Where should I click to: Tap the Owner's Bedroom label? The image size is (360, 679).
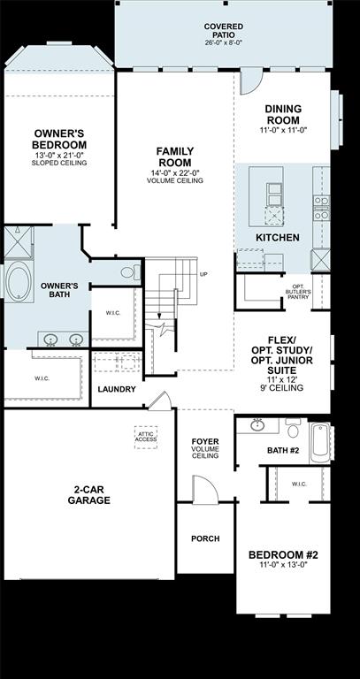[x=59, y=139]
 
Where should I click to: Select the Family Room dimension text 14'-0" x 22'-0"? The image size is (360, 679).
[x=175, y=172]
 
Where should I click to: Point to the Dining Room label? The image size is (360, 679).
[x=282, y=114]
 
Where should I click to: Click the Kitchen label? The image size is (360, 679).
[x=277, y=238]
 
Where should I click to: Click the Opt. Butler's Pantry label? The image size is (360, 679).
[x=297, y=293]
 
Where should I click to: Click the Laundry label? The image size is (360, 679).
[x=117, y=389]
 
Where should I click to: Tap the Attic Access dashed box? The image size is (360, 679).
[x=146, y=436]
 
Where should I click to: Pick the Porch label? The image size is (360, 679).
[x=205, y=538]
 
